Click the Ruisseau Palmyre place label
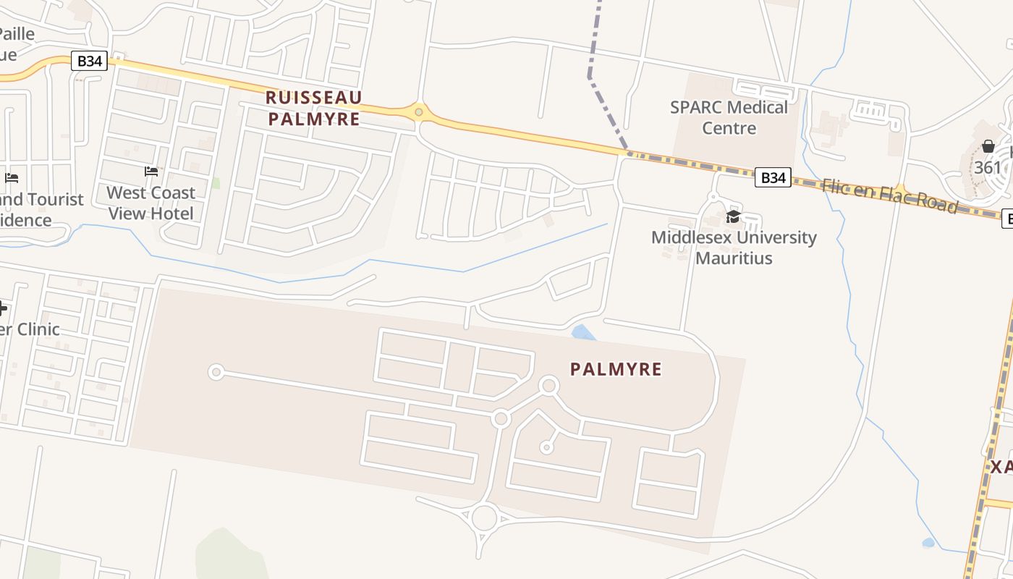tap(313, 108)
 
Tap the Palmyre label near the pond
tap(616, 369)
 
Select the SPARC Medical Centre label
tap(728, 117)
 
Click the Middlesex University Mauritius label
tap(734, 248)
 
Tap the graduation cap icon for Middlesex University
tap(733, 217)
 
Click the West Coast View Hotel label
tap(151, 203)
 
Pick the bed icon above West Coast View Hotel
tap(151, 172)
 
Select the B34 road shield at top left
tap(90, 61)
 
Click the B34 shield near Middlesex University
tap(772, 177)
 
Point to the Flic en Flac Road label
tap(889, 195)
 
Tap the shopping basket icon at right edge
tap(988, 147)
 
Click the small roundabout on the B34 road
tap(418, 111)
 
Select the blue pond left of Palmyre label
tap(583, 333)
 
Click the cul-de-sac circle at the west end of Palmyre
tap(215, 372)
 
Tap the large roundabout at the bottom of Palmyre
tap(484, 518)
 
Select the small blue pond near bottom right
tap(928, 542)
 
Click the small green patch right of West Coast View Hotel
tap(215, 182)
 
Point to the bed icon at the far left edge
tap(12, 177)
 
